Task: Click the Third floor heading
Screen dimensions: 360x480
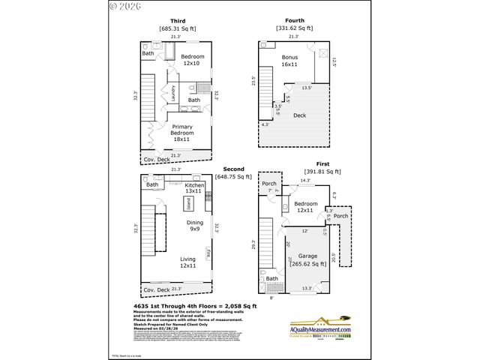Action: (177, 21)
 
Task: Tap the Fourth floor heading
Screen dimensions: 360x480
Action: (294, 21)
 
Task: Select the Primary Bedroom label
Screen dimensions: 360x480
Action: (181, 133)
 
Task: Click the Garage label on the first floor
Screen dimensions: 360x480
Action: (307, 255)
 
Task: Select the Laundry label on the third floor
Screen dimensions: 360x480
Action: (173, 94)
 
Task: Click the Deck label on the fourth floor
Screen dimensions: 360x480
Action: (299, 115)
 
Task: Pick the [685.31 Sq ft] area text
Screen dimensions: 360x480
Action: (177, 28)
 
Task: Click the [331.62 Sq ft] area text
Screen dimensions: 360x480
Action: (294, 28)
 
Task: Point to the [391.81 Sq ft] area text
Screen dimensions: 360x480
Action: (322, 171)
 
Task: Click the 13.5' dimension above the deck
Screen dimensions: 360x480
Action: (306, 88)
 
